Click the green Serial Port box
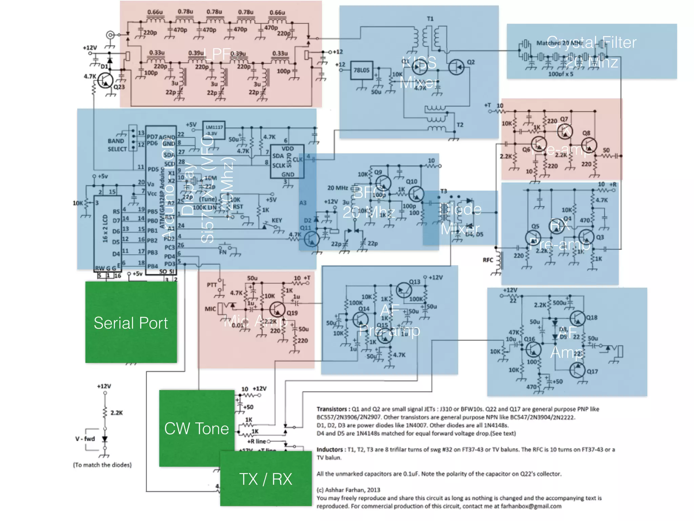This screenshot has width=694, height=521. click(131, 322)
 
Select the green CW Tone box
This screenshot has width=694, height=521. click(197, 428)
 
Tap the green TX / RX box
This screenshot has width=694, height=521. click(266, 479)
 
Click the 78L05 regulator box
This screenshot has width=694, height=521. click(362, 70)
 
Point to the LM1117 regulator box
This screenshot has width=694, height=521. click(214, 130)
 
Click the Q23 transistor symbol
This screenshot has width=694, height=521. click(105, 80)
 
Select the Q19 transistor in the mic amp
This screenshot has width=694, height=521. click(278, 309)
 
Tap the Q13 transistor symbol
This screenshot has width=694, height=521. click(404, 290)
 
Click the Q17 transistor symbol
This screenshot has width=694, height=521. click(577, 370)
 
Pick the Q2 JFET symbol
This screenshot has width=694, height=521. click(456, 67)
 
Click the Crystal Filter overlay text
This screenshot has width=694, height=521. click(591, 43)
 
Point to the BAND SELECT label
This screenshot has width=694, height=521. click(117, 145)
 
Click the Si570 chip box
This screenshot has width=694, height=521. click(287, 161)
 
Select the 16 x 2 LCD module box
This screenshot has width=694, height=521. click(107, 233)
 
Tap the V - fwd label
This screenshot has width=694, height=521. click(85, 439)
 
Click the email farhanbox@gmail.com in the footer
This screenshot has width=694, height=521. click(531, 506)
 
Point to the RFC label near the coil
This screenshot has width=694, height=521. click(488, 260)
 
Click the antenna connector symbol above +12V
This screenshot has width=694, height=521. click(110, 35)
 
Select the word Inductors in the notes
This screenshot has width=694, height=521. click(329, 449)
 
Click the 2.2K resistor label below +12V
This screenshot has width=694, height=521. click(117, 413)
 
